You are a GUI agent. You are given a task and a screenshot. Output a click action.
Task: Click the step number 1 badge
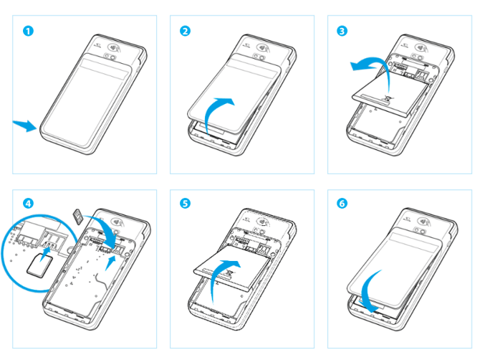[28, 31]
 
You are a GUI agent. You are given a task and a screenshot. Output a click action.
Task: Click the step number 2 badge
[186, 31]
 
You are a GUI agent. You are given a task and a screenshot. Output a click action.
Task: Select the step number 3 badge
[342, 31]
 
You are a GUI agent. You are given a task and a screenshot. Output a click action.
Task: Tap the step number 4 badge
[28, 203]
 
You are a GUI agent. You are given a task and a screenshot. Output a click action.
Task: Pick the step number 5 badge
[186, 203]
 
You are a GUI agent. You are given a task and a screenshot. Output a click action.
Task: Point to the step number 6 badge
[342, 203]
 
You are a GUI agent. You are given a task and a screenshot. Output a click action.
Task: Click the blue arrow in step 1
[25, 125]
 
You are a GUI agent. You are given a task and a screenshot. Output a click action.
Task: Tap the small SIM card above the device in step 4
[78, 217]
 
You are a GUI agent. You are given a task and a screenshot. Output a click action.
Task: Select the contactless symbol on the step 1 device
[114, 47]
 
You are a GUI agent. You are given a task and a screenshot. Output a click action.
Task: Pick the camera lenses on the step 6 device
[419, 230]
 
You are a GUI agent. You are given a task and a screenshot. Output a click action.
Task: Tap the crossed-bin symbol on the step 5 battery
[229, 273]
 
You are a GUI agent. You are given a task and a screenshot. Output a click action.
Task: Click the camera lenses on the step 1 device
[110, 57]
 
